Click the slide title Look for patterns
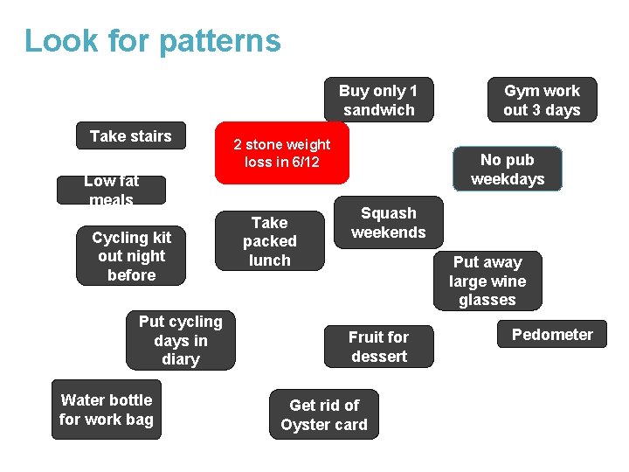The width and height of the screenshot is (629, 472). pos(153,41)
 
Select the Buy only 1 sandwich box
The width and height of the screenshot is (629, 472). pos(378,100)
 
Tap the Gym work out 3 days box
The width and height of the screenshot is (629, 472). pos(542,100)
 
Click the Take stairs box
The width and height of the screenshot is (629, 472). pos(131,135)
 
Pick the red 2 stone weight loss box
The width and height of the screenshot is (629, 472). pos(282,153)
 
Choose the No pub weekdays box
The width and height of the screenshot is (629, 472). pos(508,169)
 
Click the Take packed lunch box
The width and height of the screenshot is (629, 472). pos(269,241)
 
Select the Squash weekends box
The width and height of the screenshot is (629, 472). pos(388,223)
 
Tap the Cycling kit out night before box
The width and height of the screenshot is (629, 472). pos(131,256)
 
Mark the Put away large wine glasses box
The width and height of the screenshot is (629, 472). pos(487,281)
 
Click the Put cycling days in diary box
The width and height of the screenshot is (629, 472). pos(181,340)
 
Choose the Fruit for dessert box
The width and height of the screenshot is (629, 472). pos(378,346)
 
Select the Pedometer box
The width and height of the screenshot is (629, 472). pos(552,335)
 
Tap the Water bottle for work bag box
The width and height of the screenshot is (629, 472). pos(107,409)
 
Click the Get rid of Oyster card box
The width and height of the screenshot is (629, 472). pos(324,415)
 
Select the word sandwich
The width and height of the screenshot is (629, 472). pos(378,110)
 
